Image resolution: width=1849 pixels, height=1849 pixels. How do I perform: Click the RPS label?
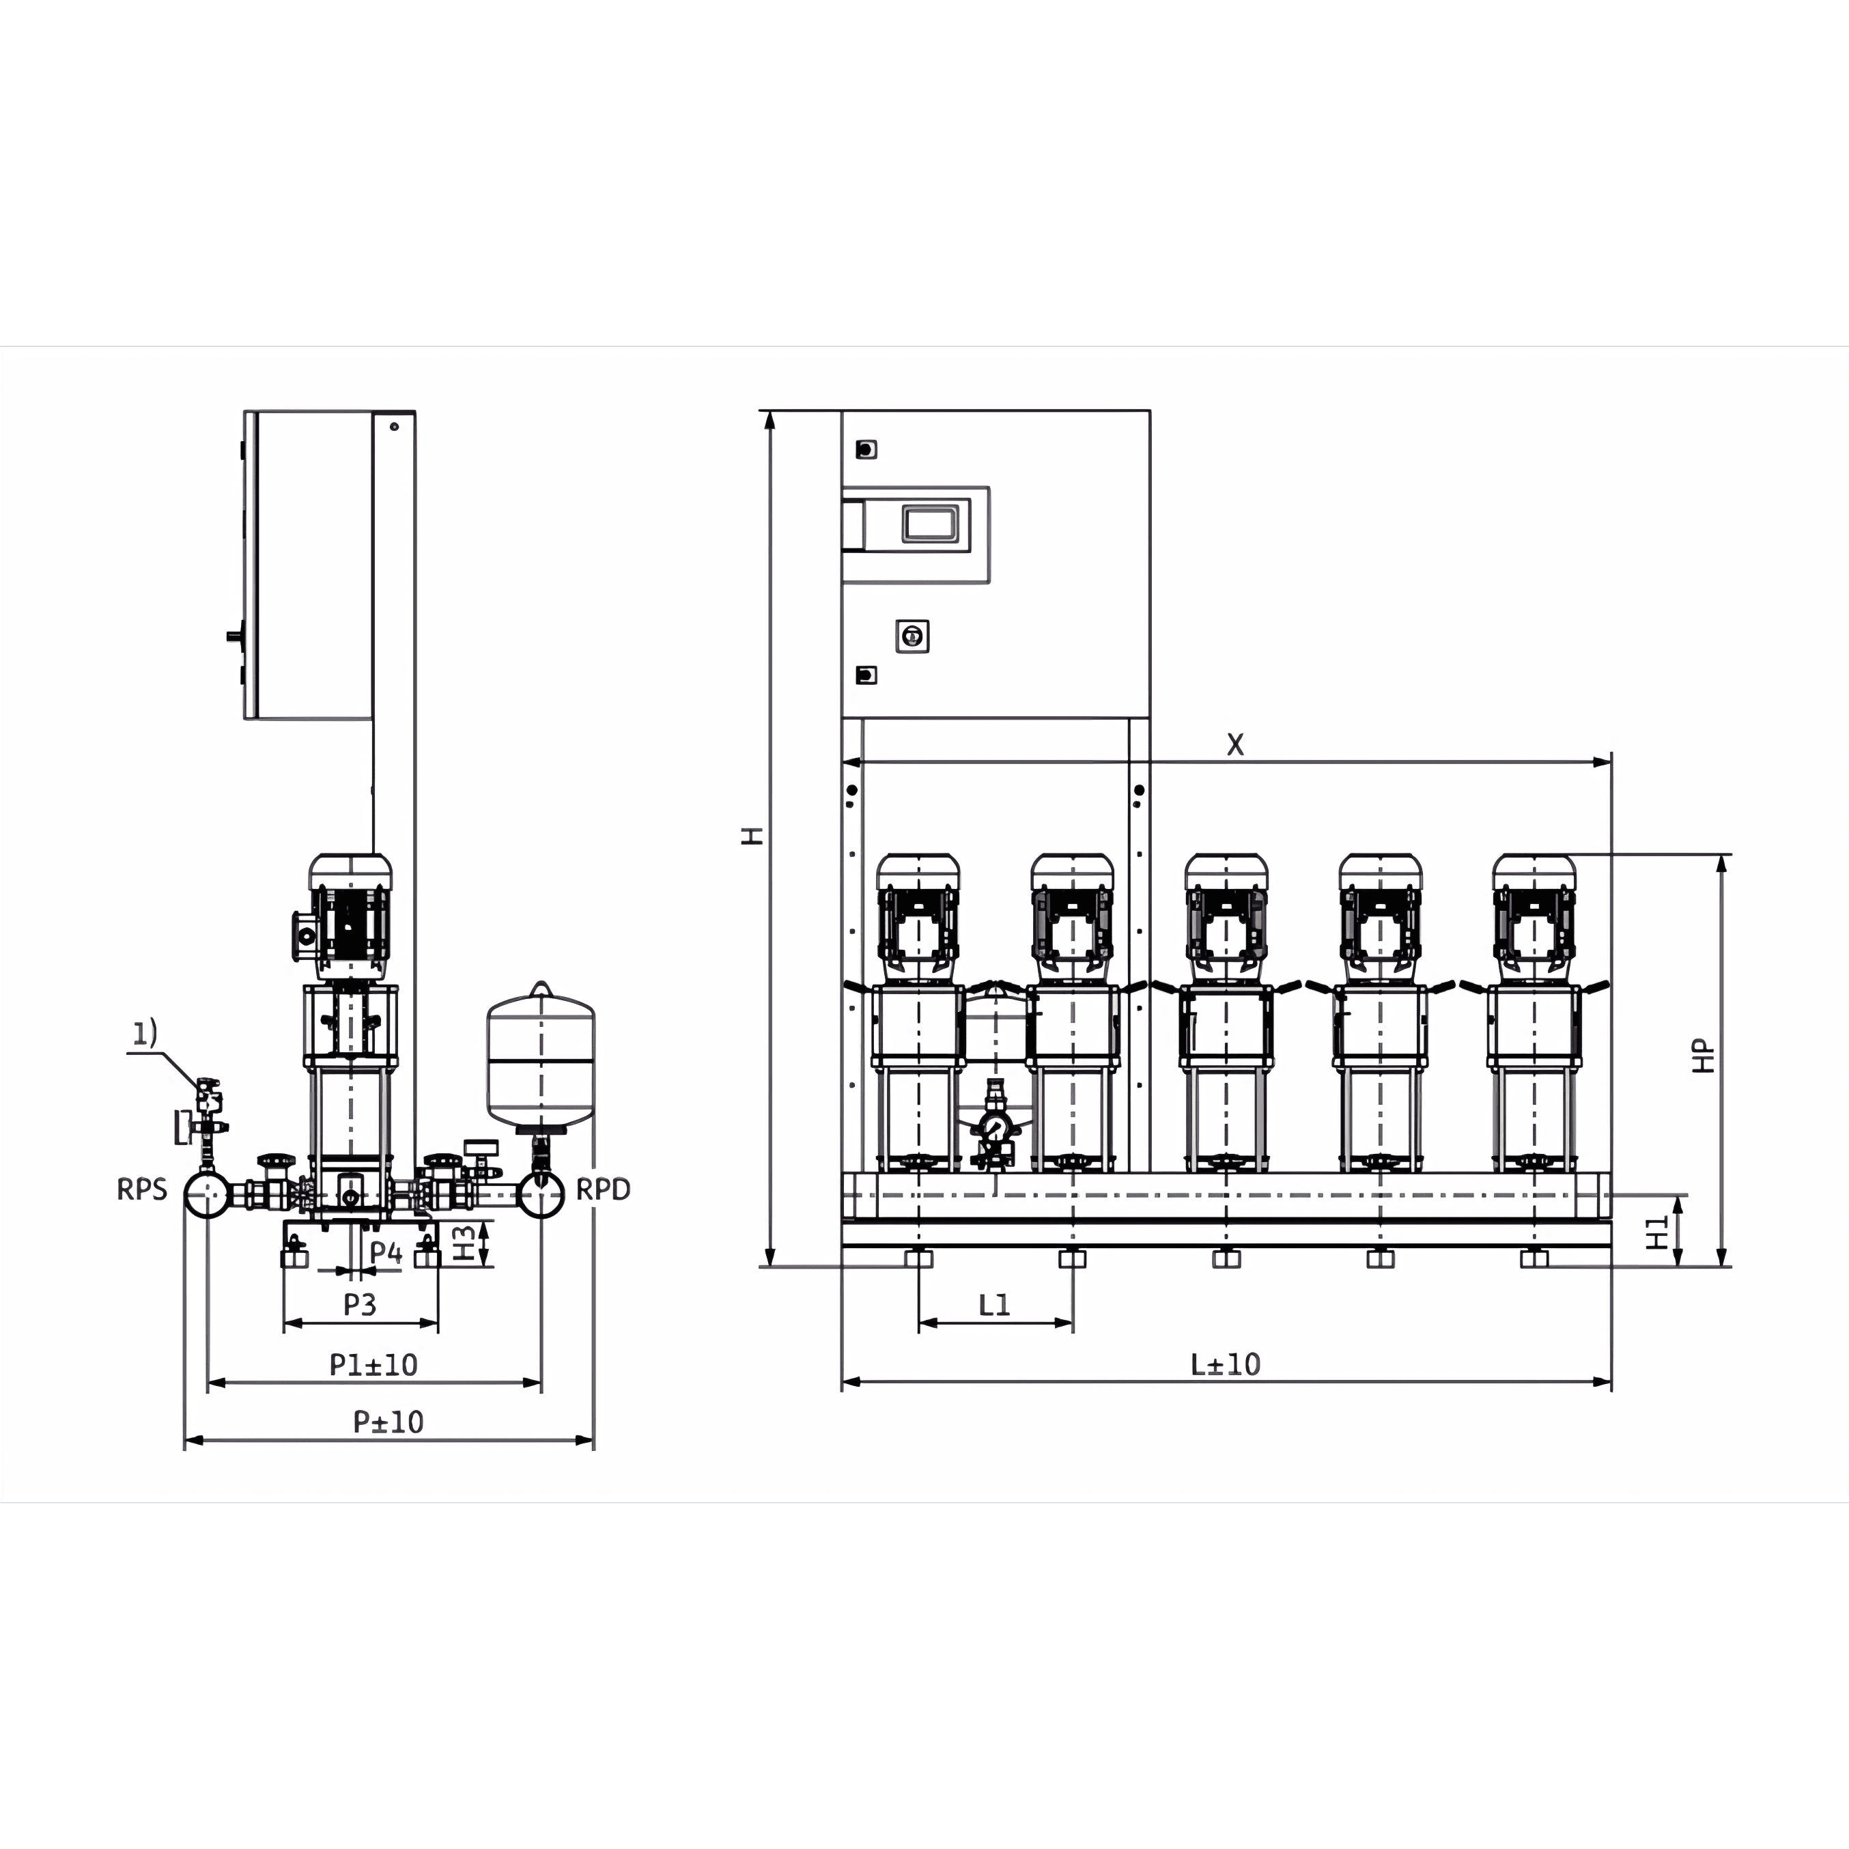[141, 1189]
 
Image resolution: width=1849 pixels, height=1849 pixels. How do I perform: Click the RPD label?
[603, 1189]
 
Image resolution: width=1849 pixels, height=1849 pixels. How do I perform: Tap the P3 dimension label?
[360, 1303]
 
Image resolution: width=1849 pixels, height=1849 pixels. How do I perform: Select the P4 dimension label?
[386, 1251]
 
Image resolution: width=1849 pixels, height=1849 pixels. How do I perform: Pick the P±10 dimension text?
[388, 1422]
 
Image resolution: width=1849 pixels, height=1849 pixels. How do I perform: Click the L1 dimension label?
[994, 1304]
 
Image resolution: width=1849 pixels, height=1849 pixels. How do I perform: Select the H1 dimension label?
[1656, 1232]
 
